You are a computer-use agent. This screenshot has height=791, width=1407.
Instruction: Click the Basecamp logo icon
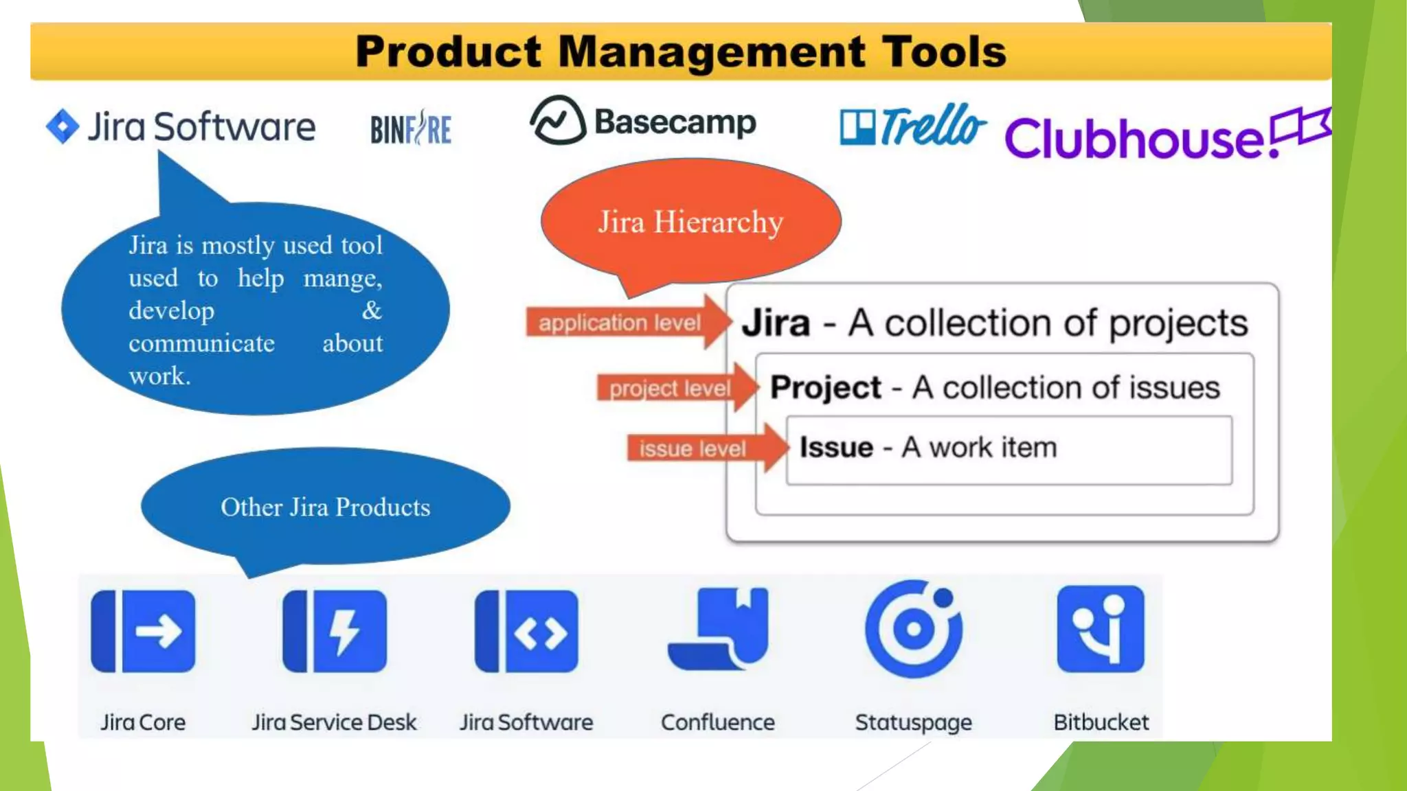click(x=558, y=121)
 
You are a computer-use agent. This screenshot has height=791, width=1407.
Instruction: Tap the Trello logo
click(x=912, y=126)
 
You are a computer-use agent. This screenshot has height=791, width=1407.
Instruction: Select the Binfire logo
click(x=411, y=128)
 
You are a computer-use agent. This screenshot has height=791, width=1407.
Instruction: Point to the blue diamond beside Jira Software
click(x=63, y=126)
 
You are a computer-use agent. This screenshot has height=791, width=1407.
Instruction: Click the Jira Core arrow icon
click(x=143, y=631)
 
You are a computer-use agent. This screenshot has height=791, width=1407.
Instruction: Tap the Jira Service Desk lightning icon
click(x=335, y=631)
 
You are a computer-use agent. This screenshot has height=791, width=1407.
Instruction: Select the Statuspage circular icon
click(x=914, y=628)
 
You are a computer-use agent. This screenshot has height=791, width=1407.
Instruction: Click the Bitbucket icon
click(x=1101, y=628)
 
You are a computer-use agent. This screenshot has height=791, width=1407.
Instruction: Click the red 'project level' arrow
click(x=677, y=388)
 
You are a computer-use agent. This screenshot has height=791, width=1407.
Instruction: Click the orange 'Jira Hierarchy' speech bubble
click(x=690, y=222)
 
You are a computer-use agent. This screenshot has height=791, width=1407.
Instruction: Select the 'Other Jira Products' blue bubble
click(x=326, y=507)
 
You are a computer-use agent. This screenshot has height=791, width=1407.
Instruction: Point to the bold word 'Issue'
click(x=836, y=448)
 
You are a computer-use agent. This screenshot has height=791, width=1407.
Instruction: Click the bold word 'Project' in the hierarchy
click(x=825, y=388)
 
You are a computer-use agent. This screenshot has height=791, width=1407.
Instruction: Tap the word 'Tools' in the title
click(x=944, y=52)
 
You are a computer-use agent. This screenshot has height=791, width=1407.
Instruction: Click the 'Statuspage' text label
click(x=913, y=722)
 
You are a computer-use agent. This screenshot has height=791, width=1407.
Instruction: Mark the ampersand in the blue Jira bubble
click(x=372, y=310)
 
